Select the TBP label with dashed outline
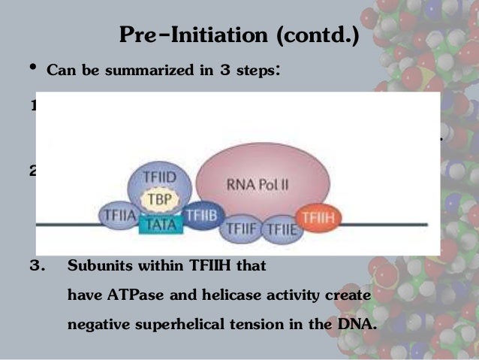pos(158,201)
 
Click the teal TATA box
pos(158,223)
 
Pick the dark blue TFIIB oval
pos(200,215)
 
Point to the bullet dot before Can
pos(32,70)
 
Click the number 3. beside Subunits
pos(38,265)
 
